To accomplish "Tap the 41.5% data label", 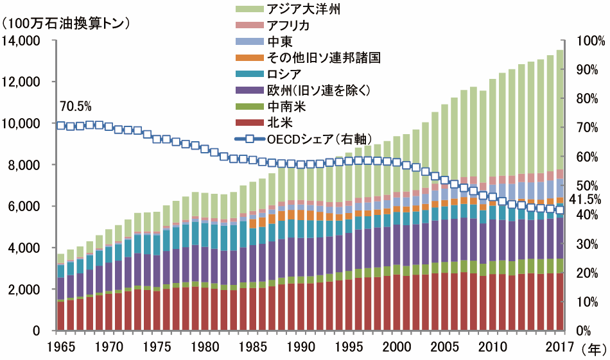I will point(586,200).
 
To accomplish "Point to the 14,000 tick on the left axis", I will point(22,41).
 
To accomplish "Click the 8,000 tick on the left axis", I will point(26,165).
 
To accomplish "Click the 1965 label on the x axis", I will point(60,347).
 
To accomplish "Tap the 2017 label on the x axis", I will point(558,347).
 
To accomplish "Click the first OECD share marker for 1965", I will point(61,125).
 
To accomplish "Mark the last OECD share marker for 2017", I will point(559,210).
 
